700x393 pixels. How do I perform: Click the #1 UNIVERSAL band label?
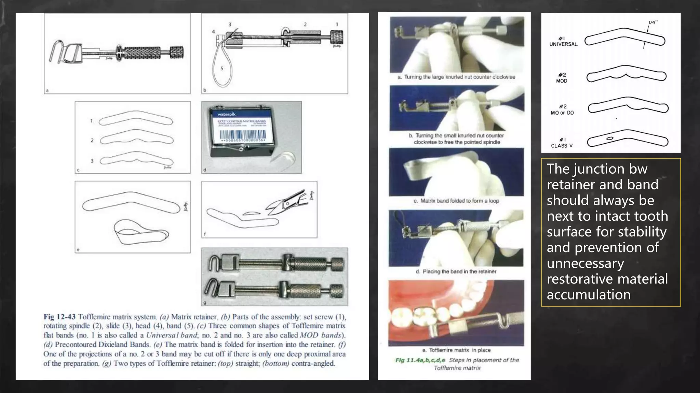pos(563,41)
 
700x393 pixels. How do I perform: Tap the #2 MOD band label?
pos(562,78)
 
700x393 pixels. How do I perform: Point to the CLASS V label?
pos(562,146)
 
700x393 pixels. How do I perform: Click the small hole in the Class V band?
pos(609,139)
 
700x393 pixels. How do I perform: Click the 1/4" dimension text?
pos(653,23)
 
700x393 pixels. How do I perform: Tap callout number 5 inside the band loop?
pos(221,69)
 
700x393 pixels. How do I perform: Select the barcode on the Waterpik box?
pos(242,135)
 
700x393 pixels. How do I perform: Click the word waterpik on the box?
pos(226,114)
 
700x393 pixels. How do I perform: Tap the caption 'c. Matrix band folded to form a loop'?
pos(456,201)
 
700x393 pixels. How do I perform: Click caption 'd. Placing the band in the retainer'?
pos(456,272)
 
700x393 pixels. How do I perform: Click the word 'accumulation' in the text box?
pos(589,295)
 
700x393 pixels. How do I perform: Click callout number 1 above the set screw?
pos(337,25)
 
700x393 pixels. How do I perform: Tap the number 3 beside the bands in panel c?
pos(92,161)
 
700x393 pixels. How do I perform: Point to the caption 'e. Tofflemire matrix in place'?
pos(456,350)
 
